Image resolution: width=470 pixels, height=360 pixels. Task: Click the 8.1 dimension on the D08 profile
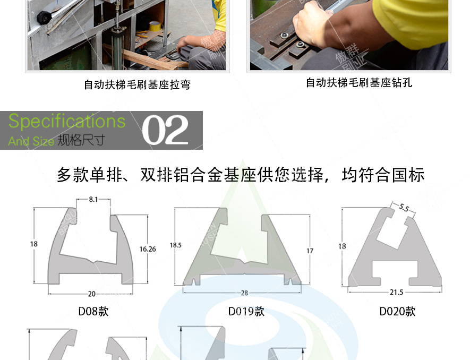click(x=93, y=200)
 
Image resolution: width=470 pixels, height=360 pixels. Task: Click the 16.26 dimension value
click(x=148, y=248)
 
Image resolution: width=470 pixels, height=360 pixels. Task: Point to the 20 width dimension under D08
click(x=91, y=294)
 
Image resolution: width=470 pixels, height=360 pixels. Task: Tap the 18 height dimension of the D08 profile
click(x=34, y=244)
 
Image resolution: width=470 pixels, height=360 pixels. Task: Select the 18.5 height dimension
click(x=175, y=245)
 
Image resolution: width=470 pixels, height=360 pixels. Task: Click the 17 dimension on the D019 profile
click(x=310, y=251)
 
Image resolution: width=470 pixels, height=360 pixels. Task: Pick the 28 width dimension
click(x=244, y=293)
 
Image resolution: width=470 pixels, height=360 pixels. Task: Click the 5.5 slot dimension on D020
click(x=403, y=209)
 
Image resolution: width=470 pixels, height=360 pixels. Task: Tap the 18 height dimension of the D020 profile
click(x=342, y=246)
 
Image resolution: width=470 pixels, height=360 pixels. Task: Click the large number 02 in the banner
click(x=165, y=131)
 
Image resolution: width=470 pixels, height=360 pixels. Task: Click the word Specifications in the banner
click(x=67, y=121)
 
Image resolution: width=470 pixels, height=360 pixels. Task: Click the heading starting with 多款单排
click(x=240, y=175)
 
